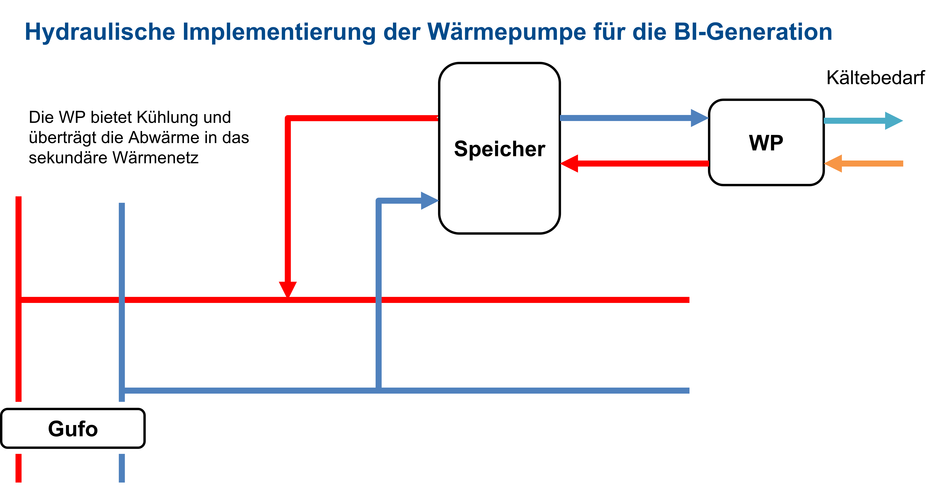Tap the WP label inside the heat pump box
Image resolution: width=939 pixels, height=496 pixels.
point(766,143)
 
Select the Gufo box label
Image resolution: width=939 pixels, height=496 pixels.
point(73,429)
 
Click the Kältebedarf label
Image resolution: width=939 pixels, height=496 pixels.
point(875,78)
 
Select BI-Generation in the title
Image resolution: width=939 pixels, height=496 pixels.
point(753,32)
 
